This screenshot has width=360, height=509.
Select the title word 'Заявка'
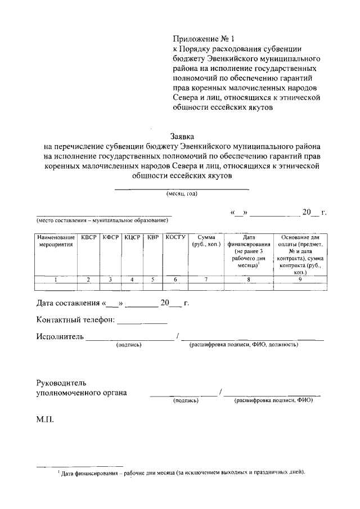click(182, 136)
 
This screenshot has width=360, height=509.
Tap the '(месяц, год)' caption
click(182, 194)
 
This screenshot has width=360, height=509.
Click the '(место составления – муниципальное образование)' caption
click(103, 220)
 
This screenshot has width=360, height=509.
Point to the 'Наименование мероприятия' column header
click(57, 241)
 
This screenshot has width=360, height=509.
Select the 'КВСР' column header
click(88, 237)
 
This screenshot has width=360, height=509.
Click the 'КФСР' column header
click(111, 237)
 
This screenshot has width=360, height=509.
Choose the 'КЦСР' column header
click(132, 237)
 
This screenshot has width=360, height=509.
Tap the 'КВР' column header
click(152, 237)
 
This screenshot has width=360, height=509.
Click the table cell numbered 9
click(300, 280)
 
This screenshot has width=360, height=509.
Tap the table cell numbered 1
click(56, 280)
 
